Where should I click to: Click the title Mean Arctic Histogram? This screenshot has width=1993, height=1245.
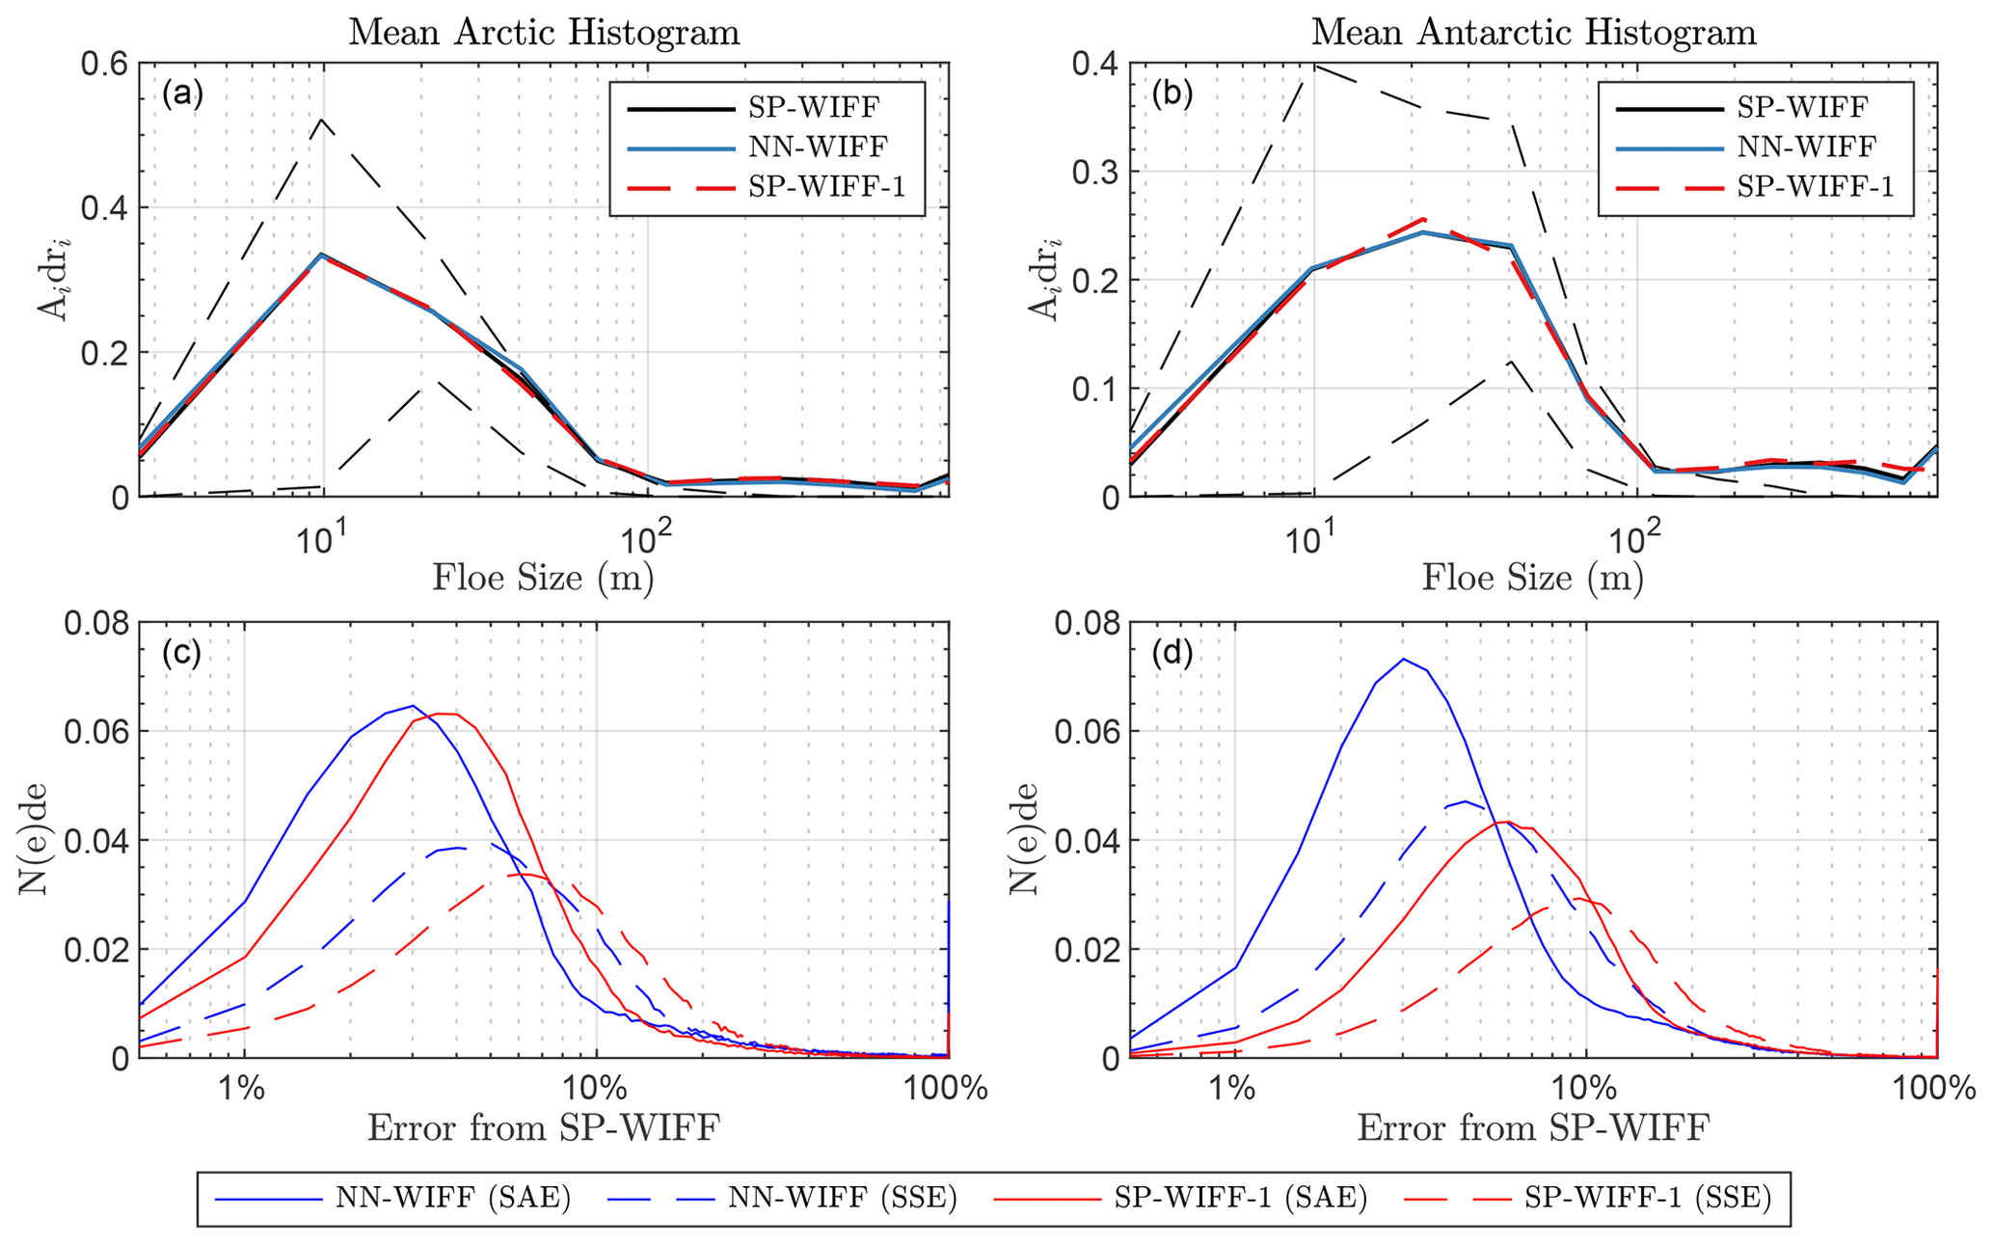tap(544, 32)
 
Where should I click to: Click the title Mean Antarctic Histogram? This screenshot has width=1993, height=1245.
tap(1533, 32)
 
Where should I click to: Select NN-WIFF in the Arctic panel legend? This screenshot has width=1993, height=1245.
tap(817, 147)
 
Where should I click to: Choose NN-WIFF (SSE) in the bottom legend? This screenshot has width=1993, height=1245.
tap(842, 1199)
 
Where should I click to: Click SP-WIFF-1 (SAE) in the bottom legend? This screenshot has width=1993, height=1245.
tap(1240, 1199)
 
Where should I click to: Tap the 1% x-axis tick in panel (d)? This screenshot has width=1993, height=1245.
tap(1234, 1089)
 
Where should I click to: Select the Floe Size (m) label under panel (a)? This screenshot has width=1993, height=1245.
tap(544, 578)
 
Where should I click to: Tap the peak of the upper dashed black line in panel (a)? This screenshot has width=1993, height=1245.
tap(321, 120)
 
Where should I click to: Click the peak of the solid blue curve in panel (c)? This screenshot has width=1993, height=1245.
tap(413, 705)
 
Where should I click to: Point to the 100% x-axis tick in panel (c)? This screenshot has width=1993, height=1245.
tap(949, 1089)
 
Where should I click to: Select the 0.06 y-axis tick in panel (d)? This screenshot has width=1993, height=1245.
tap(1084, 731)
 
